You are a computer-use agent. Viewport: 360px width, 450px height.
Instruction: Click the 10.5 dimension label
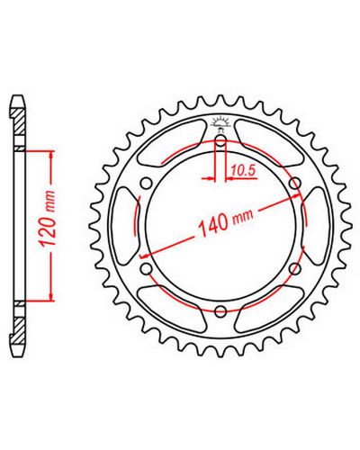243,170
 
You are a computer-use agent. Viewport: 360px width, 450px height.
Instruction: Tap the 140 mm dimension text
225,221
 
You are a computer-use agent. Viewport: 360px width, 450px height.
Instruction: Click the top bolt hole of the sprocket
220,140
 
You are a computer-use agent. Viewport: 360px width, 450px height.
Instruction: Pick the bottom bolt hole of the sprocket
220,311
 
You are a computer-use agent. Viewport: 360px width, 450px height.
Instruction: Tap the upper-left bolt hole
147,183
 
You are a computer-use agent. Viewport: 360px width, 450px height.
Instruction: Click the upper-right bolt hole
295,183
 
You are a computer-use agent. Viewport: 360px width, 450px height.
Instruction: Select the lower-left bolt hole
147,268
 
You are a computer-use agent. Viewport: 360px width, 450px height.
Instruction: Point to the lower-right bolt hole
295,268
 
